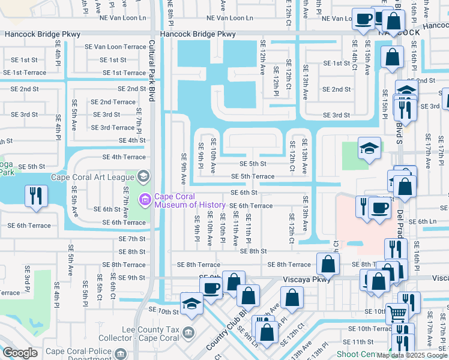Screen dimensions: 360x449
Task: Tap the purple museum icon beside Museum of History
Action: [145, 199]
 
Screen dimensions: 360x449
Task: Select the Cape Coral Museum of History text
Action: [190, 200]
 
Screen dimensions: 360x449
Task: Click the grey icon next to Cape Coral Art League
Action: [143, 176]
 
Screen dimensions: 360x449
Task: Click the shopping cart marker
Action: [396, 311]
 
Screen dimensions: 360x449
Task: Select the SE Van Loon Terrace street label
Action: [119, 47]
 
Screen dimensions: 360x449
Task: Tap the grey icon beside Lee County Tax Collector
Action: [188, 332]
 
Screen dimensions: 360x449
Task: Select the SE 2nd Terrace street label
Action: [113, 102]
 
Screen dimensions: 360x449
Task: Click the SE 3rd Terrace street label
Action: [113, 127]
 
